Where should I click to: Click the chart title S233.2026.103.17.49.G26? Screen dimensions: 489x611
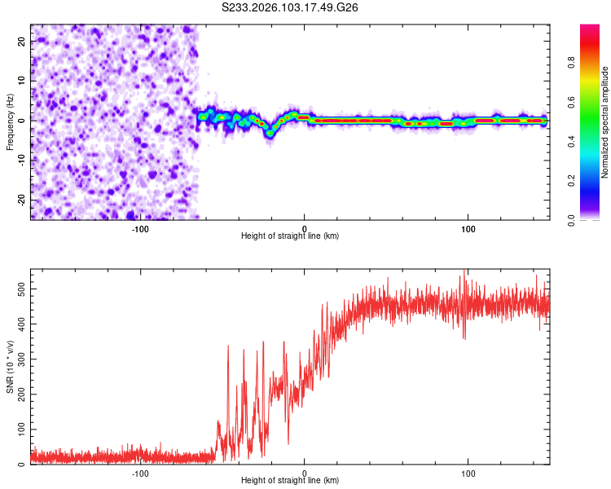coord(291,8)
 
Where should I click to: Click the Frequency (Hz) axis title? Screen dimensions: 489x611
coord(10,121)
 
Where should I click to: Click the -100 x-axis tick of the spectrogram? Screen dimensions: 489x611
coord(140,227)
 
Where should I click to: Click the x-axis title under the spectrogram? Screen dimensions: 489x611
coord(290,236)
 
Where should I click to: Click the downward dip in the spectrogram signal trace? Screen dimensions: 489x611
coord(269,134)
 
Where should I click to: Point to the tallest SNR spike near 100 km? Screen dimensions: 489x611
coord(464,271)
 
